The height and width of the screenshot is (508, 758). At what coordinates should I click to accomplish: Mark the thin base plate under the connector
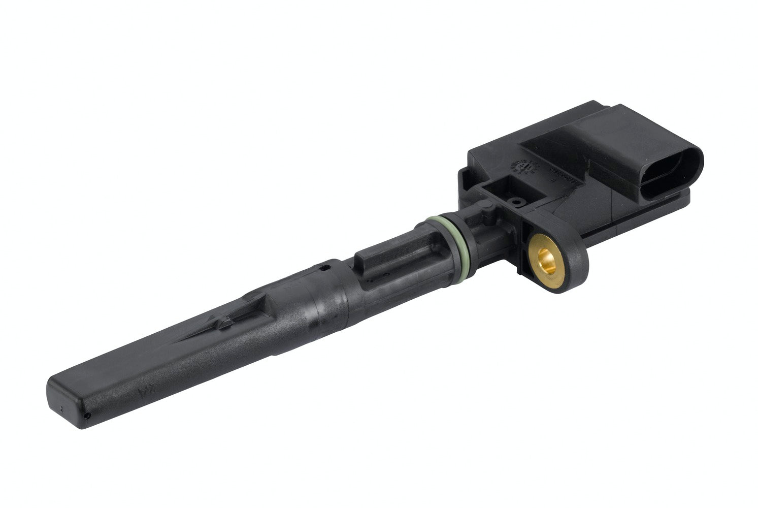635,224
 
